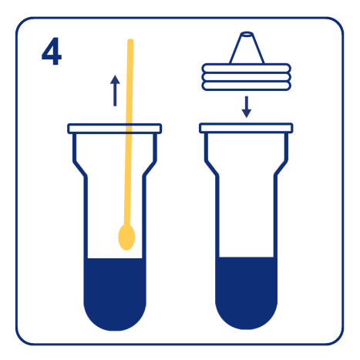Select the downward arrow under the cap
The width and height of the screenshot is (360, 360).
click(247, 106)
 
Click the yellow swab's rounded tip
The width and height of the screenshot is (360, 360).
click(126, 236)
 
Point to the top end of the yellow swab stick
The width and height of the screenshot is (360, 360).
click(130, 42)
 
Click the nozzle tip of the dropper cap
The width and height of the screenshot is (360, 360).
click(247, 35)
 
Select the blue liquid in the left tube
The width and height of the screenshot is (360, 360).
click(114, 293)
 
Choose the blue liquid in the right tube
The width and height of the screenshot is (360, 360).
click(247, 291)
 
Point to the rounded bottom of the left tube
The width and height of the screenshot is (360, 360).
click(114, 316)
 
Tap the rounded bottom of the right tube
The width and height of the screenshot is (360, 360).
click(247, 316)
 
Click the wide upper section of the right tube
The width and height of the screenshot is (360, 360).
click(247, 154)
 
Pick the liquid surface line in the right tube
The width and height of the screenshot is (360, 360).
click(247, 258)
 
